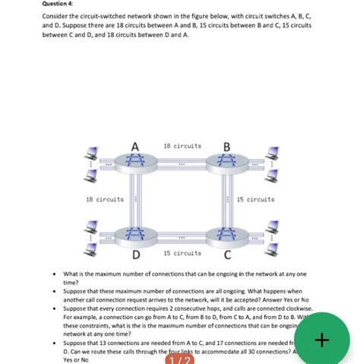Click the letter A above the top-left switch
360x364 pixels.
click(x=134, y=146)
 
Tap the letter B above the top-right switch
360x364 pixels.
click(x=226, y=146)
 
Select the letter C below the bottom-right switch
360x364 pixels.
click(x=226, y=254)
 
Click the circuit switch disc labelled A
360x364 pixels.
click(x=134, y=162)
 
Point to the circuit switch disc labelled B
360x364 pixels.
click(x=226, y=162)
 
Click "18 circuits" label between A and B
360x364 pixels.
click(x=181, y=145)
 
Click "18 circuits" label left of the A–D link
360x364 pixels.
click(x=105, y=199)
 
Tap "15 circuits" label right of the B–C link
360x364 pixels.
click(x=256, y=199)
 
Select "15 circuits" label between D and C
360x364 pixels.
click(x=182, y=253)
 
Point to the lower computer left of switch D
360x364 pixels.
click(x=91, y=248)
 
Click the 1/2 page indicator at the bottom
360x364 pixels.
click(x=180, y=360)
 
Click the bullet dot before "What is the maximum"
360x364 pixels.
click(x=52, y=274)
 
